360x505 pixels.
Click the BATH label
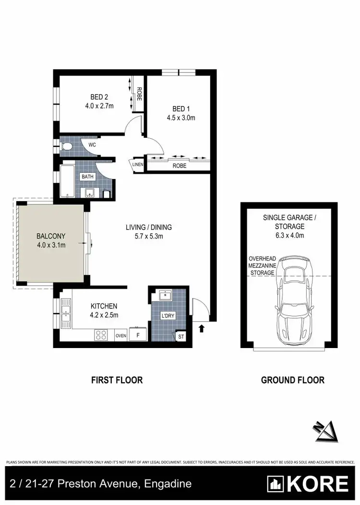point(87,177)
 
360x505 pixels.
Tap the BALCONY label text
point(50,236)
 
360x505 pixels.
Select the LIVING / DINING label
point(149,227)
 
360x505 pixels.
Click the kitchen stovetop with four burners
point(101,335)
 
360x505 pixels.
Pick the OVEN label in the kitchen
point(120,336)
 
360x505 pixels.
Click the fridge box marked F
point(138,335)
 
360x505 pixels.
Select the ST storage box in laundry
point(180,336)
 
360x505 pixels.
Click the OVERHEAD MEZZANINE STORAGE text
point(262,265)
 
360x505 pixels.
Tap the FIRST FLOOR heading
point(117,380)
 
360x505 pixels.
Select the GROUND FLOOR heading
point(292,380)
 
